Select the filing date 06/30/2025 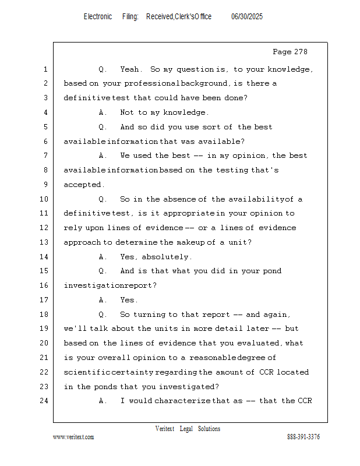tap(247, 17)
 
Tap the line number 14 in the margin tap(45, 257)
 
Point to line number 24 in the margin tap(45, 401)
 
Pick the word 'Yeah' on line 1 tap(129, 69)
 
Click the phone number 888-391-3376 tap(303, 437)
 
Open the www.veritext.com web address tap(73, 437)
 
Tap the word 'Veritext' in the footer tap(165, 429)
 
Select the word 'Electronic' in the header tap(97, 17)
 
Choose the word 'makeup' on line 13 tap(192, 242)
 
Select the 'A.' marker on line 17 tap(103, 300)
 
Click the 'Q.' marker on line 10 tap(103, 199)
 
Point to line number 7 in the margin tap(45, 156)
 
